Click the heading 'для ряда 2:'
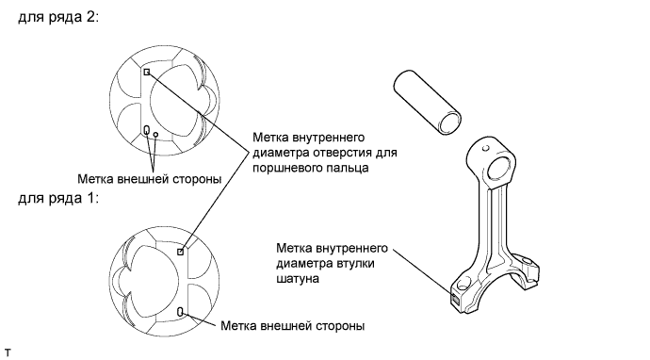tap(58, 17)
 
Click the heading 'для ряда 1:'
tap(58, 197)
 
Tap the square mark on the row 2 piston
tap(147, 72)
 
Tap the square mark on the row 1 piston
tap(180, 252)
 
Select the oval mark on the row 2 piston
tap(146, 130)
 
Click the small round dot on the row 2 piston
tap(155, 135)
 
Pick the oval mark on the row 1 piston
tap(180, 312)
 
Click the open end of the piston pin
tap(450, 123)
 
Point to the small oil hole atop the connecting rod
tap(486, 148)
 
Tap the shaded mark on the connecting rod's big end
tap(455, 299)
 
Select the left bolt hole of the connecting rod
tap(464, 285)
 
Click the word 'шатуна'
tap(298, 279)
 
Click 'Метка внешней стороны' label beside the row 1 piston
tap(293, 325)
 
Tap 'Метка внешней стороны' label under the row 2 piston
tap(149, 179)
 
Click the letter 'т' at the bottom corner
tap(8, 353)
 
